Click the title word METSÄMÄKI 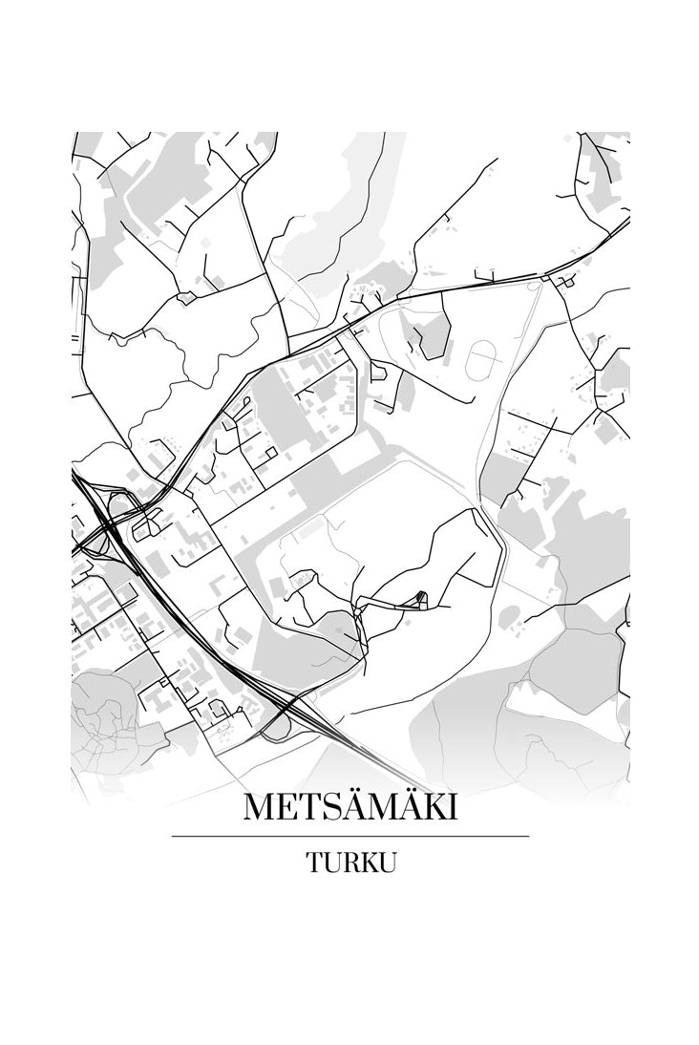[350, 807]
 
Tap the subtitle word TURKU [350, 863]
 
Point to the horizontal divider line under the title [350, 837]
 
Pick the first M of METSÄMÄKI [262, 808]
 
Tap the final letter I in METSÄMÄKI [452, 808]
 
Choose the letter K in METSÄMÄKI [434, 808]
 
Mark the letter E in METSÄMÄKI [290, 808]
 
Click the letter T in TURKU [314, 863]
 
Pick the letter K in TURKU [371, 863]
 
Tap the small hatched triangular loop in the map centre [417, 600]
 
